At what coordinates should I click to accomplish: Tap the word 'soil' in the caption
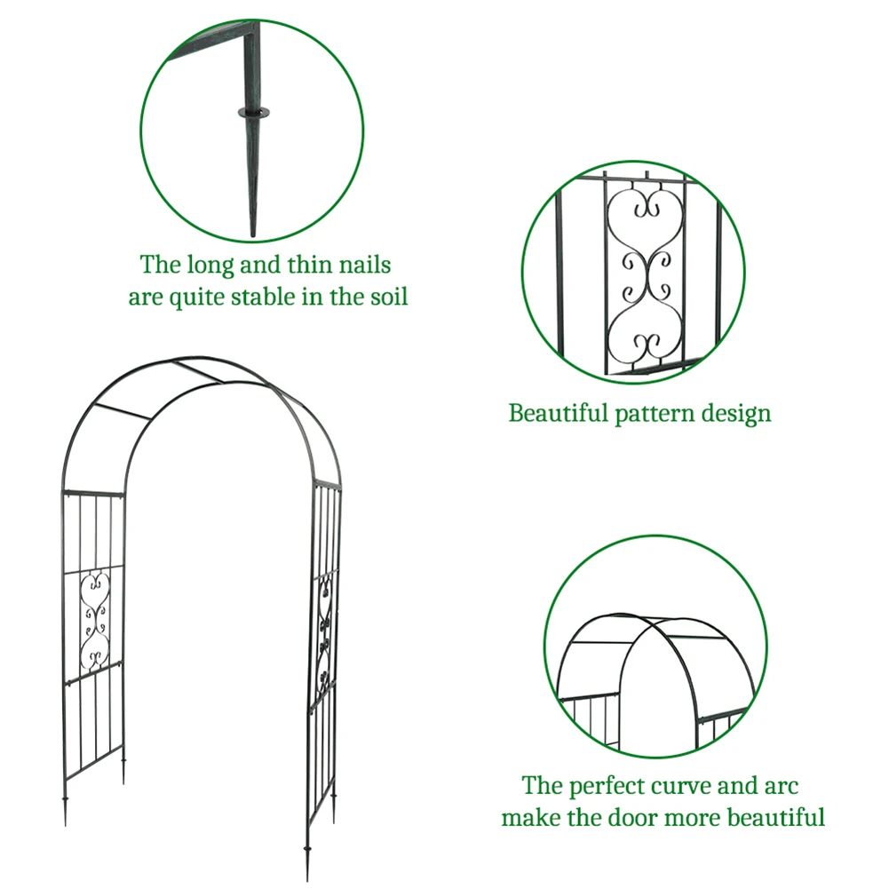(x=388, y=297)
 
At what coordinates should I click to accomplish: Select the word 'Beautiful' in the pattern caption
(x=558, y=413)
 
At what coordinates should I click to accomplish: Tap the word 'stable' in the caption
(x=269, y=297)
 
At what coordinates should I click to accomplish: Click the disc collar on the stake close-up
(x=252, y=113)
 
